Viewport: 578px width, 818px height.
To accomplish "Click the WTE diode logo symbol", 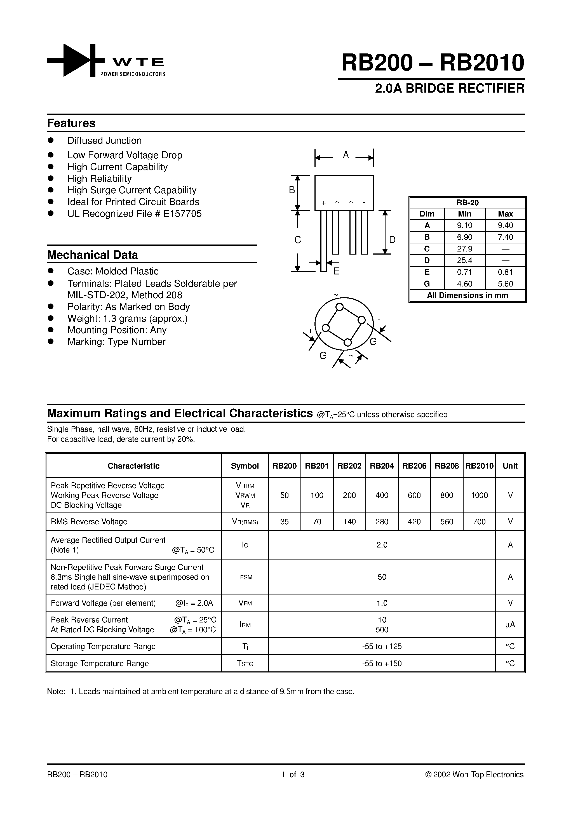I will click(76, 60).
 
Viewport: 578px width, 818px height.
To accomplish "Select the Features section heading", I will click(71, 123).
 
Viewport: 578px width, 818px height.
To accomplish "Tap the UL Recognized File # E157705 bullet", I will click(134, 214).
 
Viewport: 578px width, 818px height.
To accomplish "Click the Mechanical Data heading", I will click(92, 255).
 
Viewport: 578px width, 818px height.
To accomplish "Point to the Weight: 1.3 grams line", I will click(127, 319).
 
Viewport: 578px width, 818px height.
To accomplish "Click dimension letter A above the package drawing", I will click(345, 155).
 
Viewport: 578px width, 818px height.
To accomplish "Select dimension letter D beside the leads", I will click(392, 240).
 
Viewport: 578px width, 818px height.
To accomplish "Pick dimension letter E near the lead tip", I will click(336, 271).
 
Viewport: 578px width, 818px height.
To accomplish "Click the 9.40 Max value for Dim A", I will click(505, 225).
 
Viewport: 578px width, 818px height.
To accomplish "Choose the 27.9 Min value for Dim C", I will click(464, 249).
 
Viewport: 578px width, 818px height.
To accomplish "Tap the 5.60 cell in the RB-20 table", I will click(505, 284).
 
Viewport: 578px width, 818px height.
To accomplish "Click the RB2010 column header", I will click(479, 466).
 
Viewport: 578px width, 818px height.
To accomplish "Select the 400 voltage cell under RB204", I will click(382, 495).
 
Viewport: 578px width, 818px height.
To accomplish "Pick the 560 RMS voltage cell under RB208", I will click(447, 521).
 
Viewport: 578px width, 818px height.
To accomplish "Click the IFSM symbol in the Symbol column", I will click(245, 577).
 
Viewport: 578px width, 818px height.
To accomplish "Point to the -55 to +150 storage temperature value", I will click(382, 663).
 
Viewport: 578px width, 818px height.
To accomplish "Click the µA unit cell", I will click(510, 624).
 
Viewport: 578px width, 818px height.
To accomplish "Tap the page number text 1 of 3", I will click(293, 775).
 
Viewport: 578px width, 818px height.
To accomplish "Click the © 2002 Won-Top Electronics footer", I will click(474, 775).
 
